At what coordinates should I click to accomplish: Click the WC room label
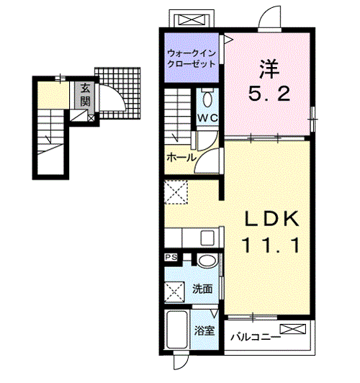coord(207,118)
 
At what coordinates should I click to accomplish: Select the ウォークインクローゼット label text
coord(192,58)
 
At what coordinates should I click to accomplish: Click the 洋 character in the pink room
coord(269,69)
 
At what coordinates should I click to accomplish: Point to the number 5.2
coord(269,94)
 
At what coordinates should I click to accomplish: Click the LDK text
coord(272,218)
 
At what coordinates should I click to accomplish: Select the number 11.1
coord(271,245)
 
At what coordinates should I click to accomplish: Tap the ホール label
coord(181,157)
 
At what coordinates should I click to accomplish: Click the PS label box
coord(171,258)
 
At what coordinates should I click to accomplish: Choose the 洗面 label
coord(202,289)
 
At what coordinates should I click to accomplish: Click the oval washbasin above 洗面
coord(207,261)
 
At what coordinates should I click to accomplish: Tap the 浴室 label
coord(204,331)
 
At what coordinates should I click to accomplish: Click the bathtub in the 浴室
coord(177,329)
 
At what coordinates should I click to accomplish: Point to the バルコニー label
coord(256,338)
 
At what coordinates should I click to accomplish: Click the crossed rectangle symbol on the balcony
coord(293,329)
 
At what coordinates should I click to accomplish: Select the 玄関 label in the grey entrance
coord(85,94)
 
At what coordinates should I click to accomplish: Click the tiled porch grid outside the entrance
coord(118,93)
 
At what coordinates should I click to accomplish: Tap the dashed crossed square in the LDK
coord(176,192)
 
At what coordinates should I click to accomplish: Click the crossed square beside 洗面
coord(174,292)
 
